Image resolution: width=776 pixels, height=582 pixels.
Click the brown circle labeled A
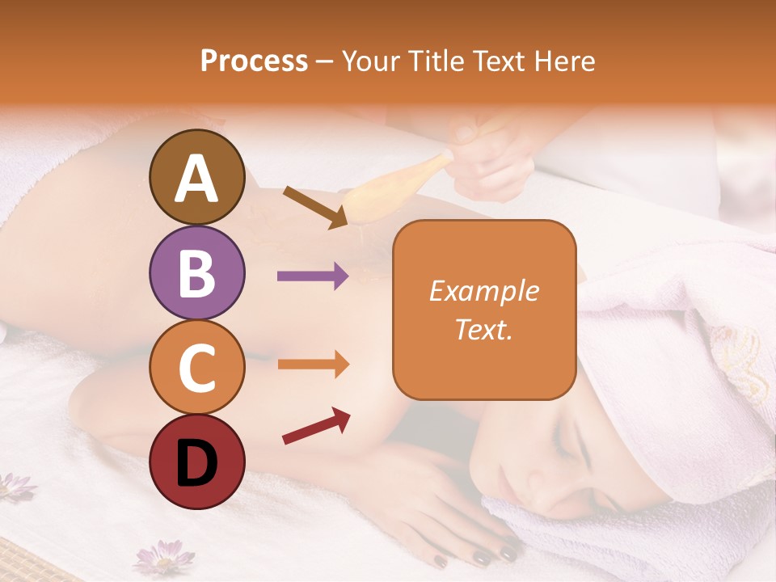pyautogui.click(x=196, y=177)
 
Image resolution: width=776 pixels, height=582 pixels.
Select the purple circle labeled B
pyautogui.click(x=196, y=272)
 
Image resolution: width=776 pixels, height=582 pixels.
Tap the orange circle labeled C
pyautogui.click(x=196, y=368)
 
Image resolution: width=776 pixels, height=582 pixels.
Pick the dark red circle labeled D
pyautogui.click(x=196, y=462)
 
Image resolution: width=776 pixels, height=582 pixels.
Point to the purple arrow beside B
pyautogui.click(x=313, y=276)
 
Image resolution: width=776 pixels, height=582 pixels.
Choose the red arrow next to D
pyautogui.click(x=316, y=426)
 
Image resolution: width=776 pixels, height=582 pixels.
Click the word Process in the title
pyautogui.click(x=254, y=61)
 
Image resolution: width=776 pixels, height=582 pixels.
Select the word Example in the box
pyautogui.click(x=484, y=291)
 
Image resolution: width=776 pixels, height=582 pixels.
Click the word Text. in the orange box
pyautogui.click(x=484, y=329)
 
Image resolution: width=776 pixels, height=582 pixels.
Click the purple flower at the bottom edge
pyautogui.click(x=163, y=558)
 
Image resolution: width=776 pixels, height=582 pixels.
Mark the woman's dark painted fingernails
pyautogui.click(x=485, y=557)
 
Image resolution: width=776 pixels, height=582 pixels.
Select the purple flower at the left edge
pyautogui.click(x=16, y=486)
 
